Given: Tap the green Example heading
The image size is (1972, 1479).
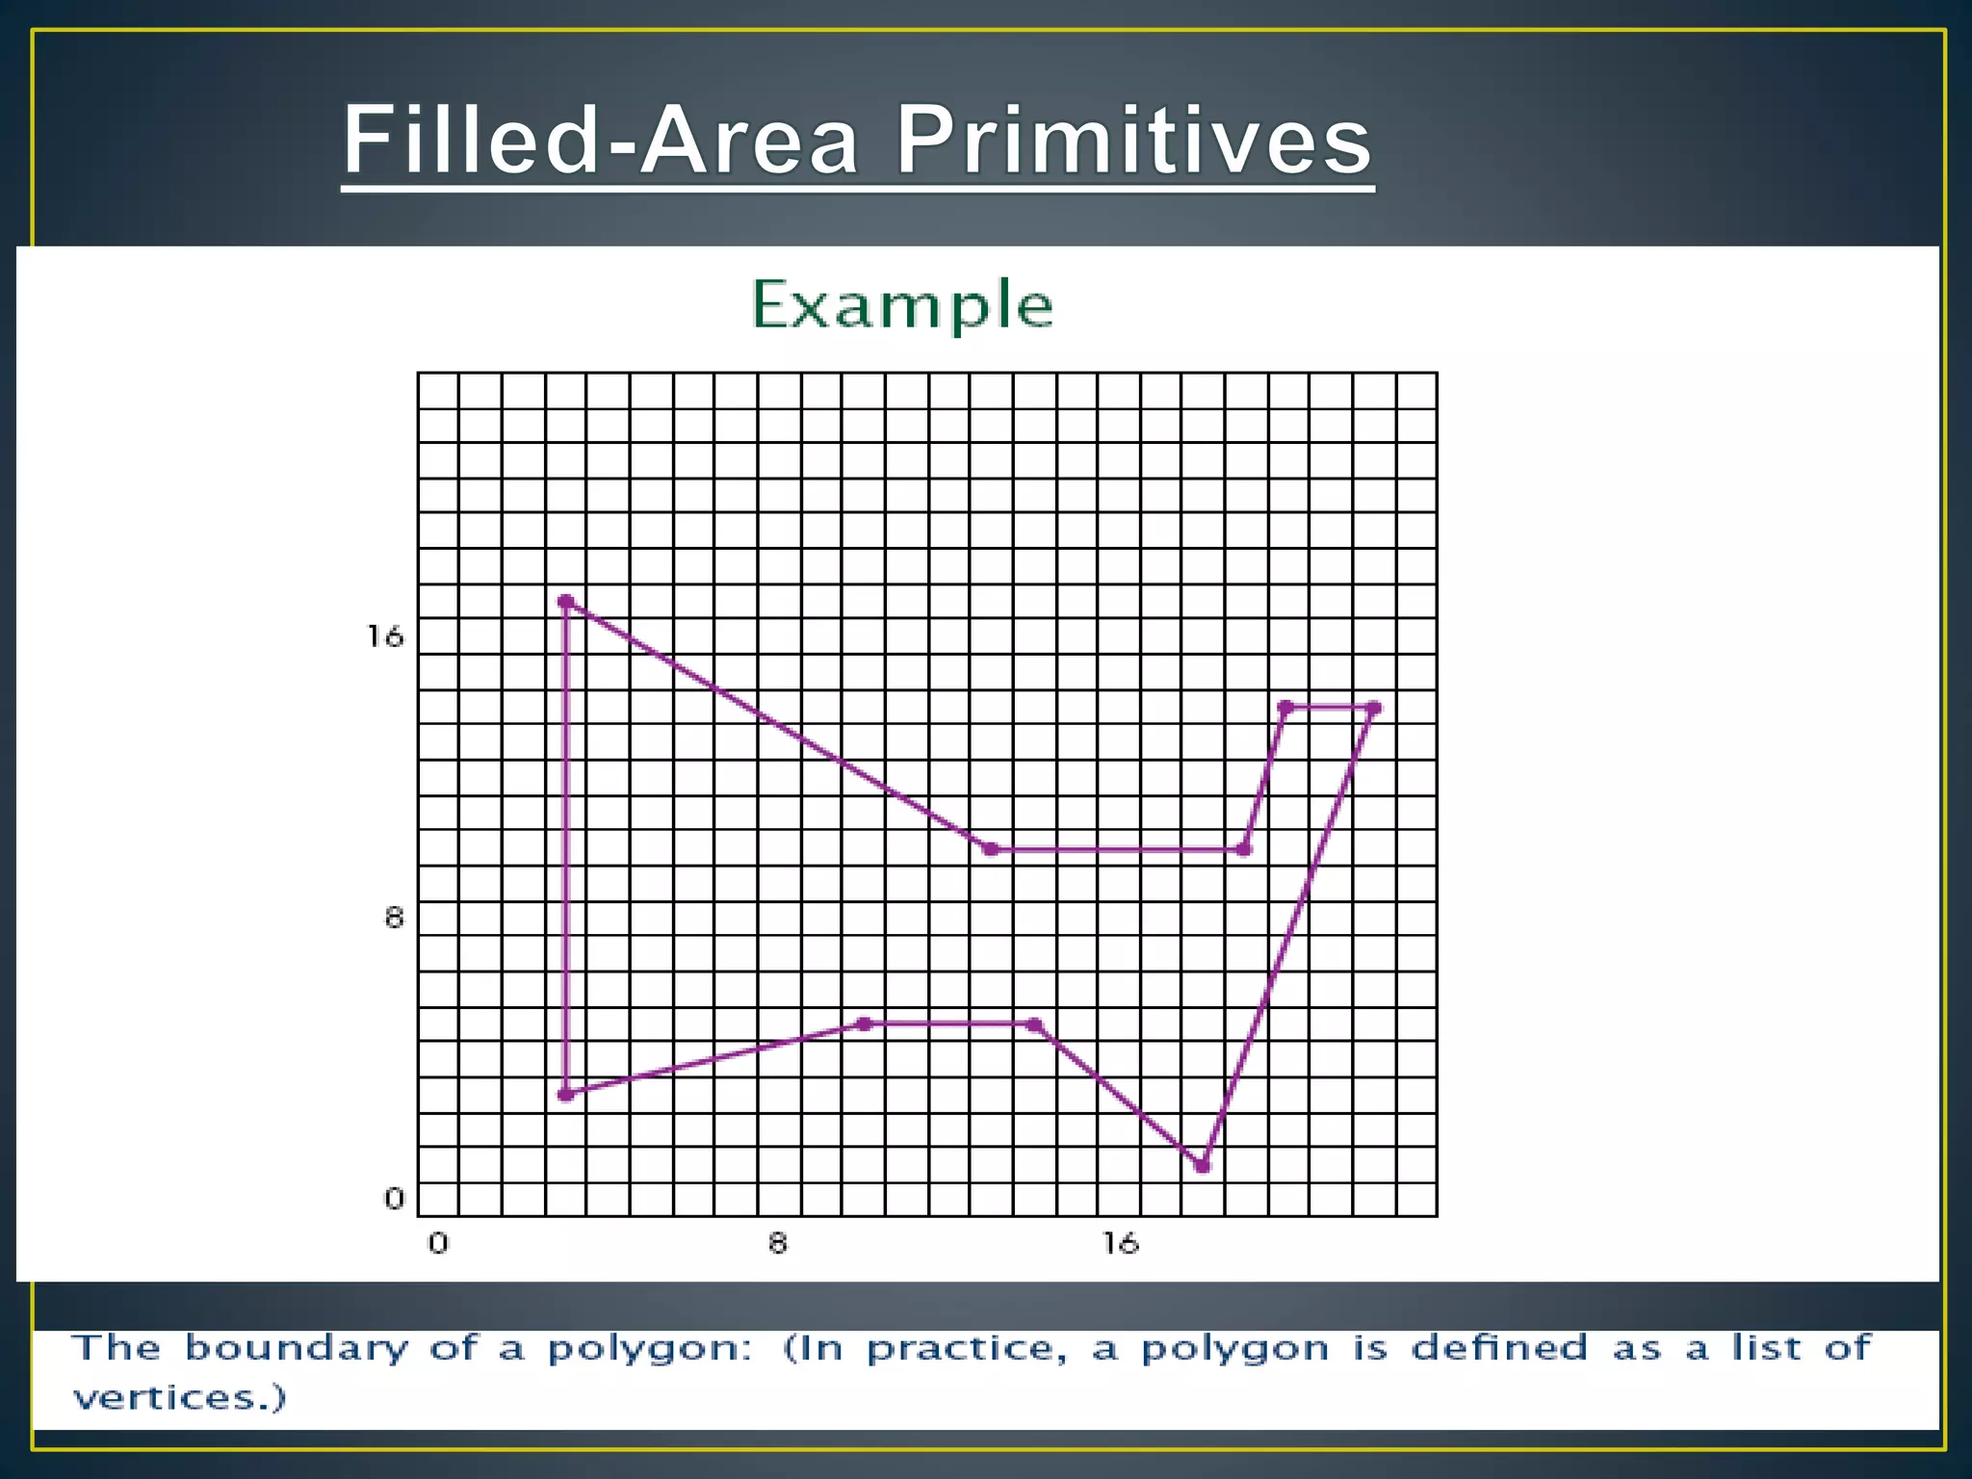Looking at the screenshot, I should point(901,304).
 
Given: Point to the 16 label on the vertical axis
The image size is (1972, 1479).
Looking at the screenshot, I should point(385,636).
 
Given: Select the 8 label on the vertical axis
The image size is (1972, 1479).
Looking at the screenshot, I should point(394,918).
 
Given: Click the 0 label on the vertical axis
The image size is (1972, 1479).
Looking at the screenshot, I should point(394,1199).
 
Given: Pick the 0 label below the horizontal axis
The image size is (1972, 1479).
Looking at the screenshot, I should point(438,1243).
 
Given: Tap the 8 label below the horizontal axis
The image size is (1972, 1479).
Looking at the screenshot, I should point(778,1243).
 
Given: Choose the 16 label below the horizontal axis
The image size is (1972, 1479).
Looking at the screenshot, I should point(1121,1243).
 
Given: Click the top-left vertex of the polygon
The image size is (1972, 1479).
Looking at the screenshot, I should point(565,602).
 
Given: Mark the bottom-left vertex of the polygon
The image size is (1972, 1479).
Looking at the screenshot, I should point(565,1094).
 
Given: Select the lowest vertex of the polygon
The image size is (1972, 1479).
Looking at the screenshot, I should point(1202,1165).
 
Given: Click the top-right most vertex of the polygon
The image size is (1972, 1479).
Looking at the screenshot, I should point(1374,708).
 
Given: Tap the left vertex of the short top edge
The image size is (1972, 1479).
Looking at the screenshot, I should point(1285,708).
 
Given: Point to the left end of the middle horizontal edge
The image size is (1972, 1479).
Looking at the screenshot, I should point(990,848).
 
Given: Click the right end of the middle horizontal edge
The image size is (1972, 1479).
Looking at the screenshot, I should point(1243,848).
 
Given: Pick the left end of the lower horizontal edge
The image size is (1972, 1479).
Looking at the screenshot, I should point(864,1024).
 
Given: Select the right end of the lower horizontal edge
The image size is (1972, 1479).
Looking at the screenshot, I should point(1034,1025).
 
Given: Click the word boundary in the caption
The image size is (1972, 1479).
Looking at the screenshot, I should point(297,1349).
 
